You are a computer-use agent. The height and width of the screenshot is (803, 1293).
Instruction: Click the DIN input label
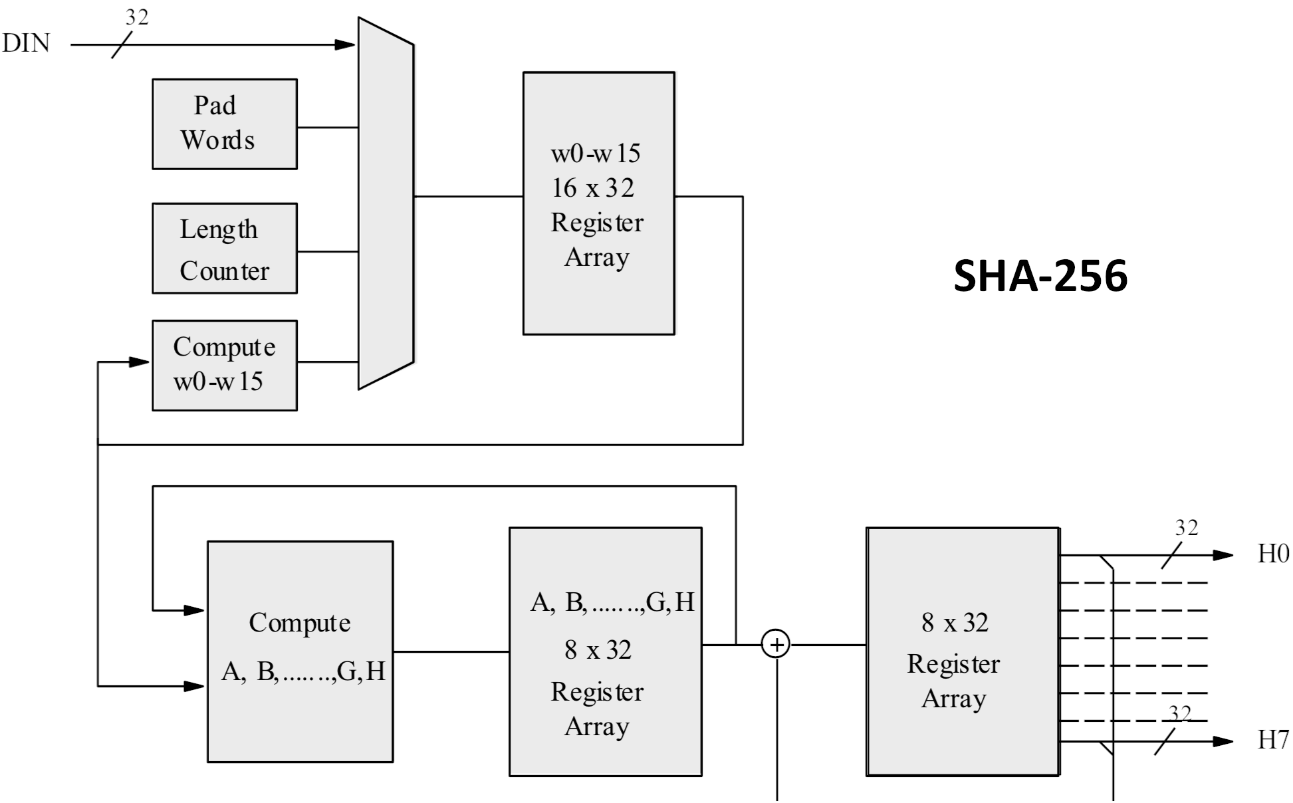point(27,44)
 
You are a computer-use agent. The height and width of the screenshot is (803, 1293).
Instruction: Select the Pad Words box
point(225,124)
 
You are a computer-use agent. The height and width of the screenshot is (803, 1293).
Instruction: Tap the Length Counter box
point(225,249)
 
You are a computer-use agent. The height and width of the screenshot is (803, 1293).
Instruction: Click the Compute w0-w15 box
point(225,366)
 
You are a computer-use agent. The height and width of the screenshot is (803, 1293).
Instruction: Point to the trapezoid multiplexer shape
point(386,203)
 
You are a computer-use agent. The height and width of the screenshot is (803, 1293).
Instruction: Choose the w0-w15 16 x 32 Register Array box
point(598,203)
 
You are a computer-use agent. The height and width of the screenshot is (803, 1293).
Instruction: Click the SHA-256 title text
point(1040,276)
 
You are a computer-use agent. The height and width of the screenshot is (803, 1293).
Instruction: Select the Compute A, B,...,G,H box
point(300,651)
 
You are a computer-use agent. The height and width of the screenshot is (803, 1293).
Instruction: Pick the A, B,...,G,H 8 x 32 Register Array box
point(605,651)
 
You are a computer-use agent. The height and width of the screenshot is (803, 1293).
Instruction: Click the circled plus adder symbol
point(776,645)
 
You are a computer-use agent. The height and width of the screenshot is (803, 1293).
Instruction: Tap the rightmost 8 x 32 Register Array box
point(962,651)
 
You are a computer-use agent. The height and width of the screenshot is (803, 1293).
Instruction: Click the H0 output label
point(1273,554)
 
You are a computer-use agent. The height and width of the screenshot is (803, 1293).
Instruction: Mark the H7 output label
point(1273,740)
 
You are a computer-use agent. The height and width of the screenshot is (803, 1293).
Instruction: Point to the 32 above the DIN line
point(137,17)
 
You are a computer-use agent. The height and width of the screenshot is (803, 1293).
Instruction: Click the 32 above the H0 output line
point(1187,528)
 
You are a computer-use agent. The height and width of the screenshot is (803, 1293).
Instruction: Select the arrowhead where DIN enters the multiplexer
point(345,45)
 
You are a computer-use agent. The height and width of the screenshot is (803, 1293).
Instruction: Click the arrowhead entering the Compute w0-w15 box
point(139,362)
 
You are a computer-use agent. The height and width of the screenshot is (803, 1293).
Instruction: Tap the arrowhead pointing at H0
point(1223,555)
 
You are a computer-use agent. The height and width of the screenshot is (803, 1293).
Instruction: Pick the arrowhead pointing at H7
point(1223,741)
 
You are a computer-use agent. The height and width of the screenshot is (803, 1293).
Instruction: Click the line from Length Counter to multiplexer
point(328,252)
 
